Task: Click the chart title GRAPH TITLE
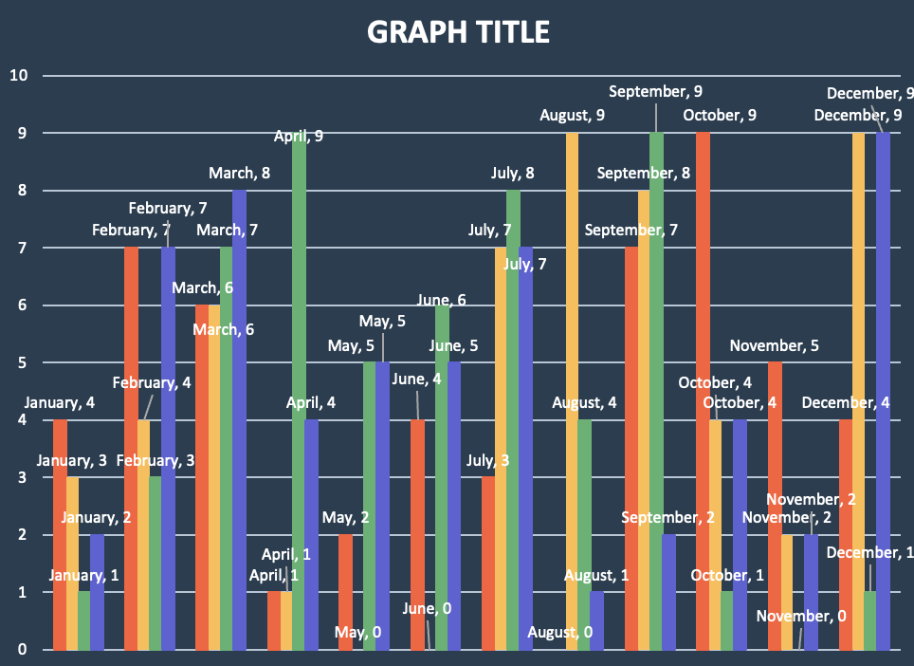(458, 32)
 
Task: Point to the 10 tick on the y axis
(17, 76)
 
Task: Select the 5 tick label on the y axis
(22, 363)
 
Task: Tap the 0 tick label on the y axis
(22, 650)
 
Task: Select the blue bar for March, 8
(239, 420)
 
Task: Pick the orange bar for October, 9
(703, 391)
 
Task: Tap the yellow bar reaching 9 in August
(572, 391)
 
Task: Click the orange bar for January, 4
(60, 535)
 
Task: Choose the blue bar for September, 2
(668, 592)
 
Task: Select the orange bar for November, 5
(775, 506)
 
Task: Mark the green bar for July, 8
(513, 420)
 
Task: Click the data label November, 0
(801, 617)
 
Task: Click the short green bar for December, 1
(870, 620)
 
